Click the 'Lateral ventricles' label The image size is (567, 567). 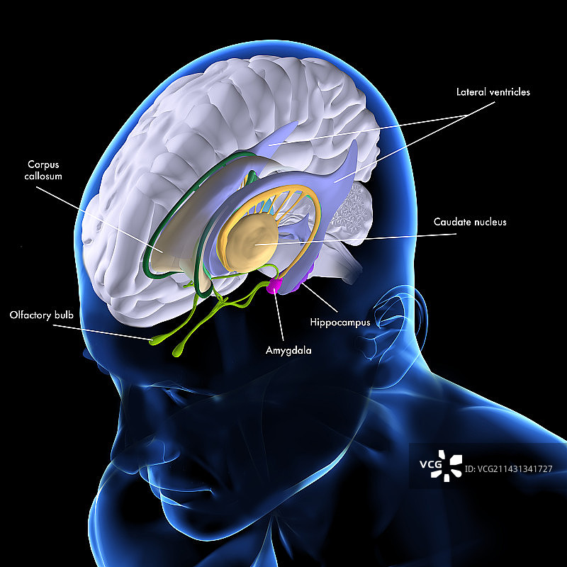coord(493,92)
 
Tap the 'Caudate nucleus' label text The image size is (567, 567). coord(470,222)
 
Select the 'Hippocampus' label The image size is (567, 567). coord(340,322)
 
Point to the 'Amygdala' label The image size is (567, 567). coord(288,350)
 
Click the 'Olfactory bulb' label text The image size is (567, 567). coord(42,315)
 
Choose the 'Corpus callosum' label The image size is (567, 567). coord(43,170)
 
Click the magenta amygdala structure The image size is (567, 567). coord(274,285)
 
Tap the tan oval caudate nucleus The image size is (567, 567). coord(252,242)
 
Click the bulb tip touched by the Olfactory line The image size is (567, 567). coord(155,340)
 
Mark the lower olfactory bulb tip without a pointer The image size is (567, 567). coord(177,351)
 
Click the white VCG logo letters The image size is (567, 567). coord(431,464)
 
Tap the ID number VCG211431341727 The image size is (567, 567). coord(508,469)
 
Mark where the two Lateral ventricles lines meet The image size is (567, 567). coord(468,115)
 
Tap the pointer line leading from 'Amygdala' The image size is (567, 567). coord(279,315)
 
